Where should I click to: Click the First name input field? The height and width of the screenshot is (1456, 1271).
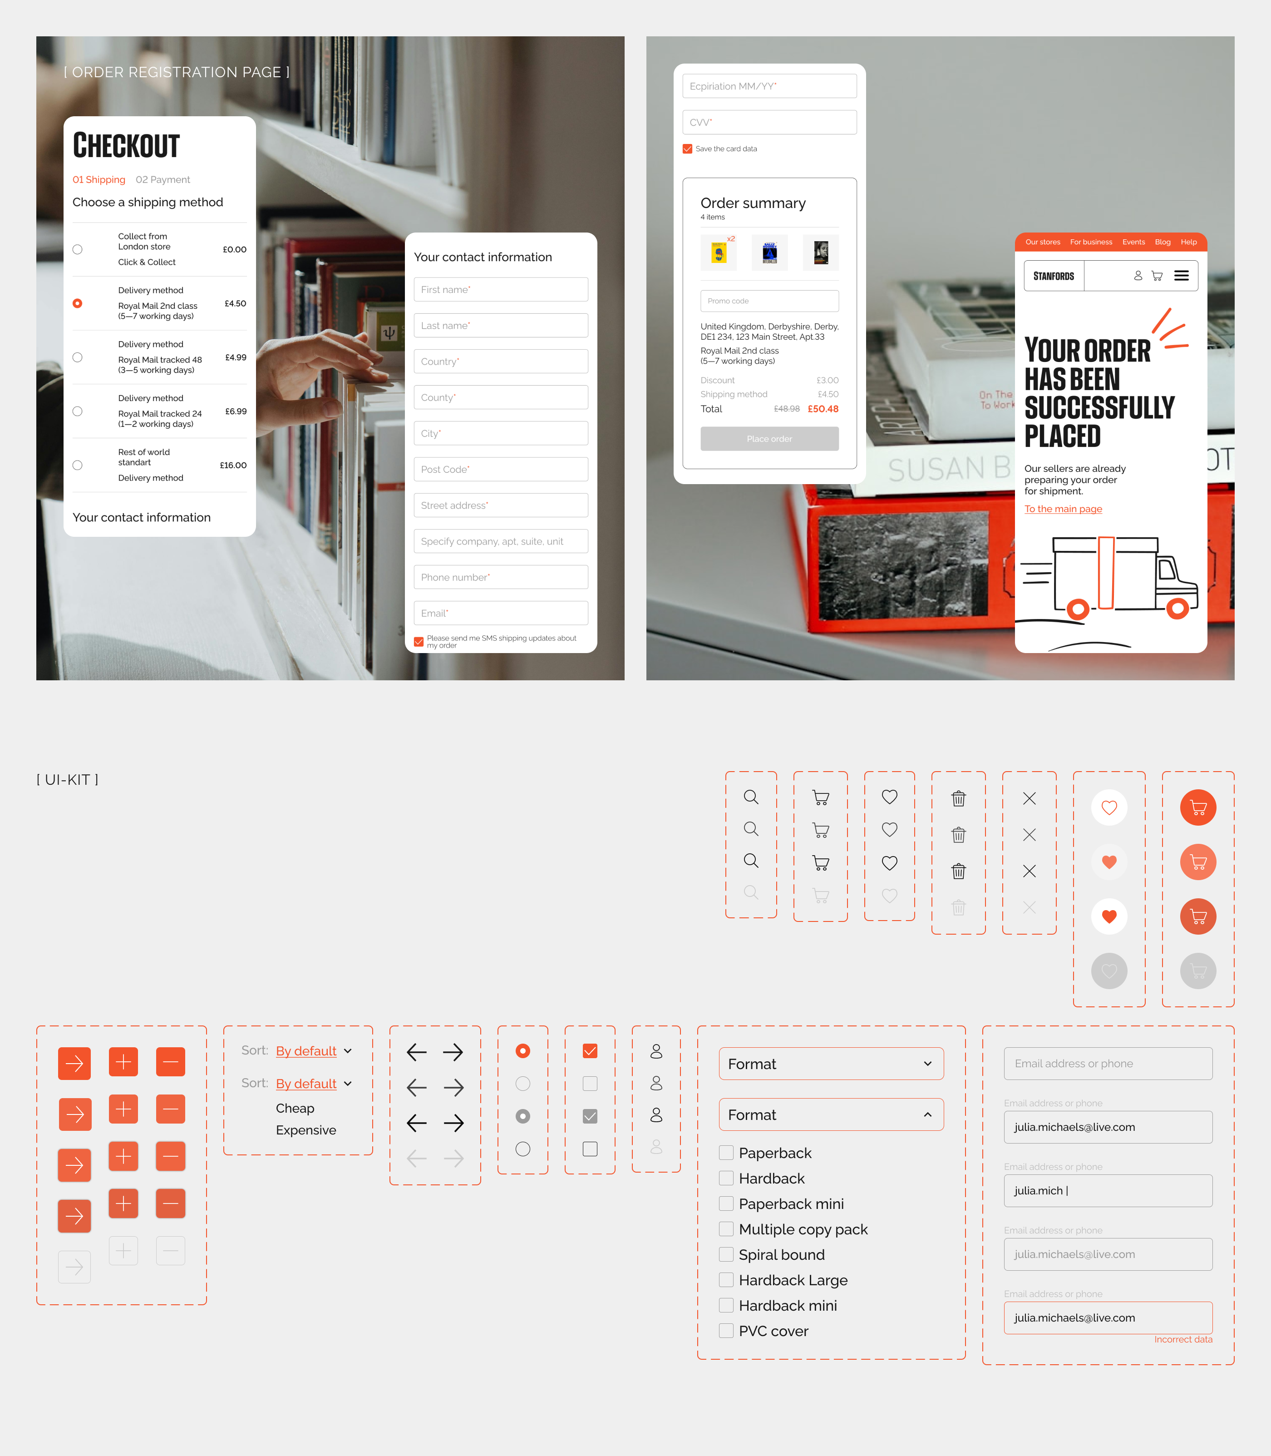(500, 289)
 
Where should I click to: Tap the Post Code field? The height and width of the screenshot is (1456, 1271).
(500, 469)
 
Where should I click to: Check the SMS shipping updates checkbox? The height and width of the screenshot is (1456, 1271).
(419, 641)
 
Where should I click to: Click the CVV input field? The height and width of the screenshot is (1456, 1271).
(769, 122)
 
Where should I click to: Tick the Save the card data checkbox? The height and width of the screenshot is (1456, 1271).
(687, 149)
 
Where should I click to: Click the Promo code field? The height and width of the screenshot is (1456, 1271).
(769, 301)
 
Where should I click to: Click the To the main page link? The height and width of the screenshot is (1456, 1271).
(1063, 509)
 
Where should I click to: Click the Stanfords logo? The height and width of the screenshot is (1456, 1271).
(1053, 276)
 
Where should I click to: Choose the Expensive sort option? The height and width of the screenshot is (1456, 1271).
(305, 1129)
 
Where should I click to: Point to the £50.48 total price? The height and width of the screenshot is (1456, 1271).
(823, 409)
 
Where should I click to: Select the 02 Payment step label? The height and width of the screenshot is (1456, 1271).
(163, 179)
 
